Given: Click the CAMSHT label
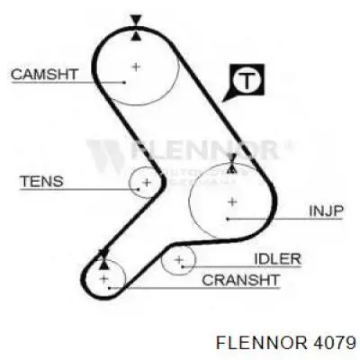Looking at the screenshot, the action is click(45, 75).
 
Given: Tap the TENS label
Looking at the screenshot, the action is click(41, 182).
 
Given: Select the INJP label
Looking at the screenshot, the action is click(326, 211).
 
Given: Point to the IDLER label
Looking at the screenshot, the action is click(277, 259).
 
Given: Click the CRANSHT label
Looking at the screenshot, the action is click(241, 280).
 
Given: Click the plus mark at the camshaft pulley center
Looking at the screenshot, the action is click(136, 67).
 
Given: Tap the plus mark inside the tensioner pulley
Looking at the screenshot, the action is click(147, 182).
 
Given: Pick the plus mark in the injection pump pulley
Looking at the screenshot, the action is click(232, 202).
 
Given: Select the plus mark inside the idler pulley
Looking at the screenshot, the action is click(179, 259).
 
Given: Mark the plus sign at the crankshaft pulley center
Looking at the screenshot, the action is click(104, 279).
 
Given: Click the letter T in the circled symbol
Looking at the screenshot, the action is click(247, 80).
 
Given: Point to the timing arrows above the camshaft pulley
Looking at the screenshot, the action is click(136, 28).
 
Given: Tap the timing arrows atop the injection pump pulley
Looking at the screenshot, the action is click(231, 164).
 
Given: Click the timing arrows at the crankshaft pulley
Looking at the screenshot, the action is click(103, 259).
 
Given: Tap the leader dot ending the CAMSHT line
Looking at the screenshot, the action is click(124, 82).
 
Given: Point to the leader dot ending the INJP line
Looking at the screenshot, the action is click(228, 219).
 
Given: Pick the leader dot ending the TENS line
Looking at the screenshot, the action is click(139, 189).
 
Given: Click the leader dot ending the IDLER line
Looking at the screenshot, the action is click(183, 266).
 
